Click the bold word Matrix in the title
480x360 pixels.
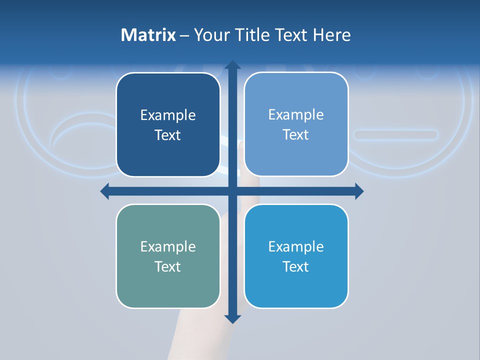pyautogui.click(x=148, y=35)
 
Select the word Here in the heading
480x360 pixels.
pyautogui.click(x=331, y=35)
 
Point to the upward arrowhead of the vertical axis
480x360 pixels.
pyautogui.click(x=232, y=65)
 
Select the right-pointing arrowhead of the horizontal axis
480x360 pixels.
pyautogui.click(x=359, y=191)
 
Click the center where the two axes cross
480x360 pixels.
pyautogui.click(x=232, y=191)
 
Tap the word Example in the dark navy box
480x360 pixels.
pyautogui.click(x=168, y=115)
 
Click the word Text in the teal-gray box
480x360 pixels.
pyautogui.click(x=168, y=266)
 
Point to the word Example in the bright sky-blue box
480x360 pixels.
pyautogui.click(x=296, y=246)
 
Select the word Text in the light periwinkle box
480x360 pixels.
pyautogui.click(x=296, y=134)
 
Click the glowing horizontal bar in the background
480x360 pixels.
pyautogui.click(x=396, y=134)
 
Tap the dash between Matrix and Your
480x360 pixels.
pyautogui.click(x=184, y=35)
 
